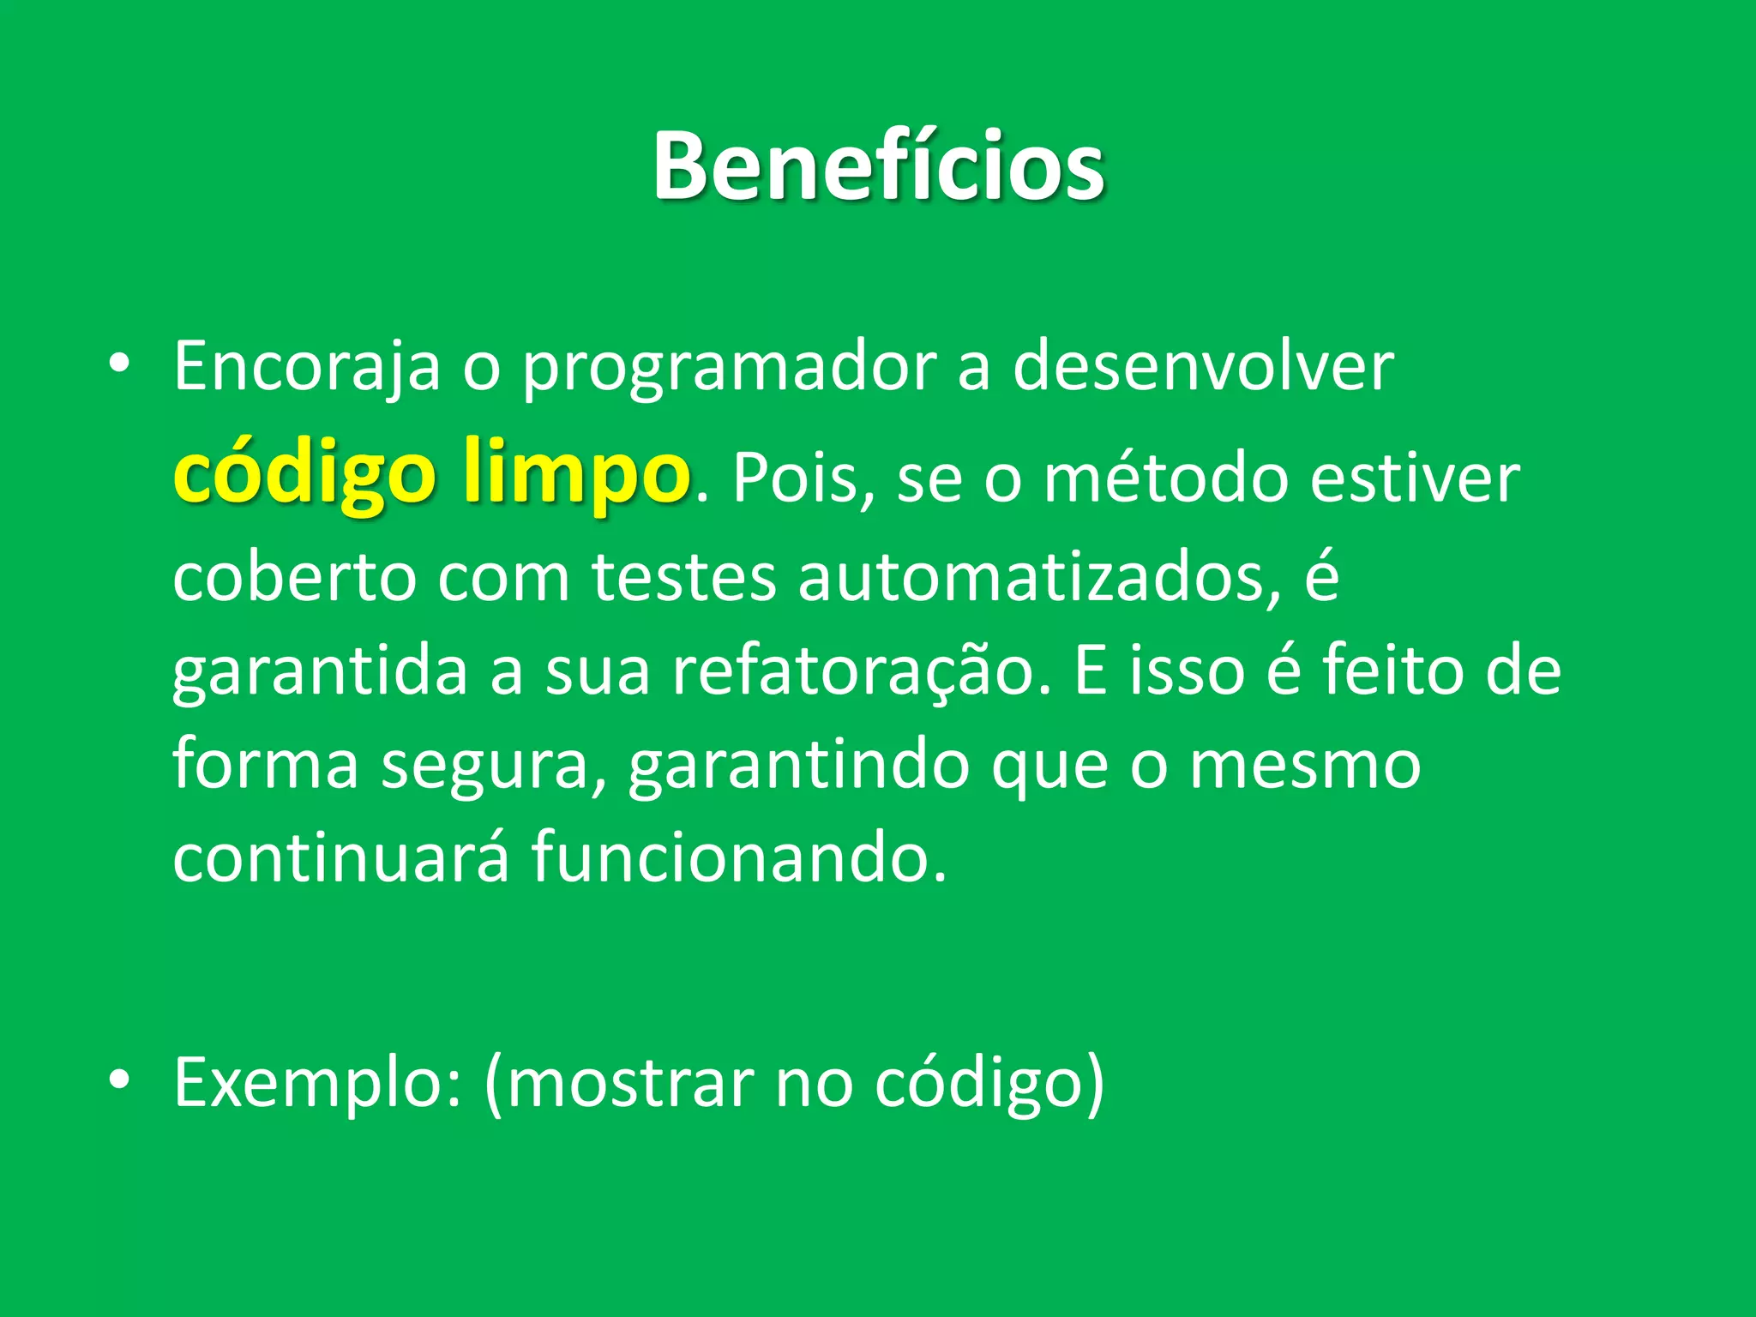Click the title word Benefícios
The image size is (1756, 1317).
point(878,166)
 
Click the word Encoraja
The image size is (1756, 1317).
point(307,367)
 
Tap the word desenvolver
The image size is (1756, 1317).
point(1203,367)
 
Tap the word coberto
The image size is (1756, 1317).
point(294,577)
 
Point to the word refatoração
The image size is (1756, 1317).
point(861,671)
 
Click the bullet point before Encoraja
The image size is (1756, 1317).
point(119,364)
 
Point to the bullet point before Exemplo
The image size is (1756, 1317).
point(119,1080)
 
